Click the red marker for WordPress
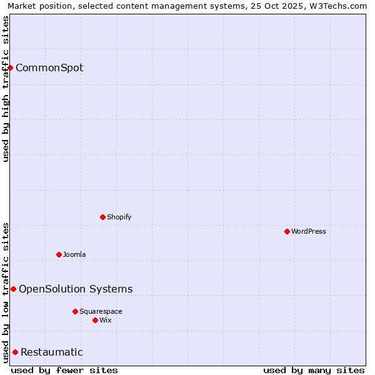coord(287,231)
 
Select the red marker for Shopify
coord(102,217)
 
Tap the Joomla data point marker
coord(59,254)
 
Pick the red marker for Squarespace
coord(75,311)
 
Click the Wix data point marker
coord(95,320)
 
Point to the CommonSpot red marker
coord(11,67)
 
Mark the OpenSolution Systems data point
coord(13,289)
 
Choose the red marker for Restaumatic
coord(15,352)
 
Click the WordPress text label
coord(309,231)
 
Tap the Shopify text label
coord(119,217)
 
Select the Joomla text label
coord(74,254)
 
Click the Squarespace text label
coord(101,311)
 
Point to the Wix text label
coord(106,320)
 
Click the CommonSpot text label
coord(49,67)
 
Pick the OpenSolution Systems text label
coord(76,289)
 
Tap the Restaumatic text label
coord(52,352)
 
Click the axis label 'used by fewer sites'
coord(64,370)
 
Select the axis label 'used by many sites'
coord(314,370)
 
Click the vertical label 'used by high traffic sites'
coord(6,89)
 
